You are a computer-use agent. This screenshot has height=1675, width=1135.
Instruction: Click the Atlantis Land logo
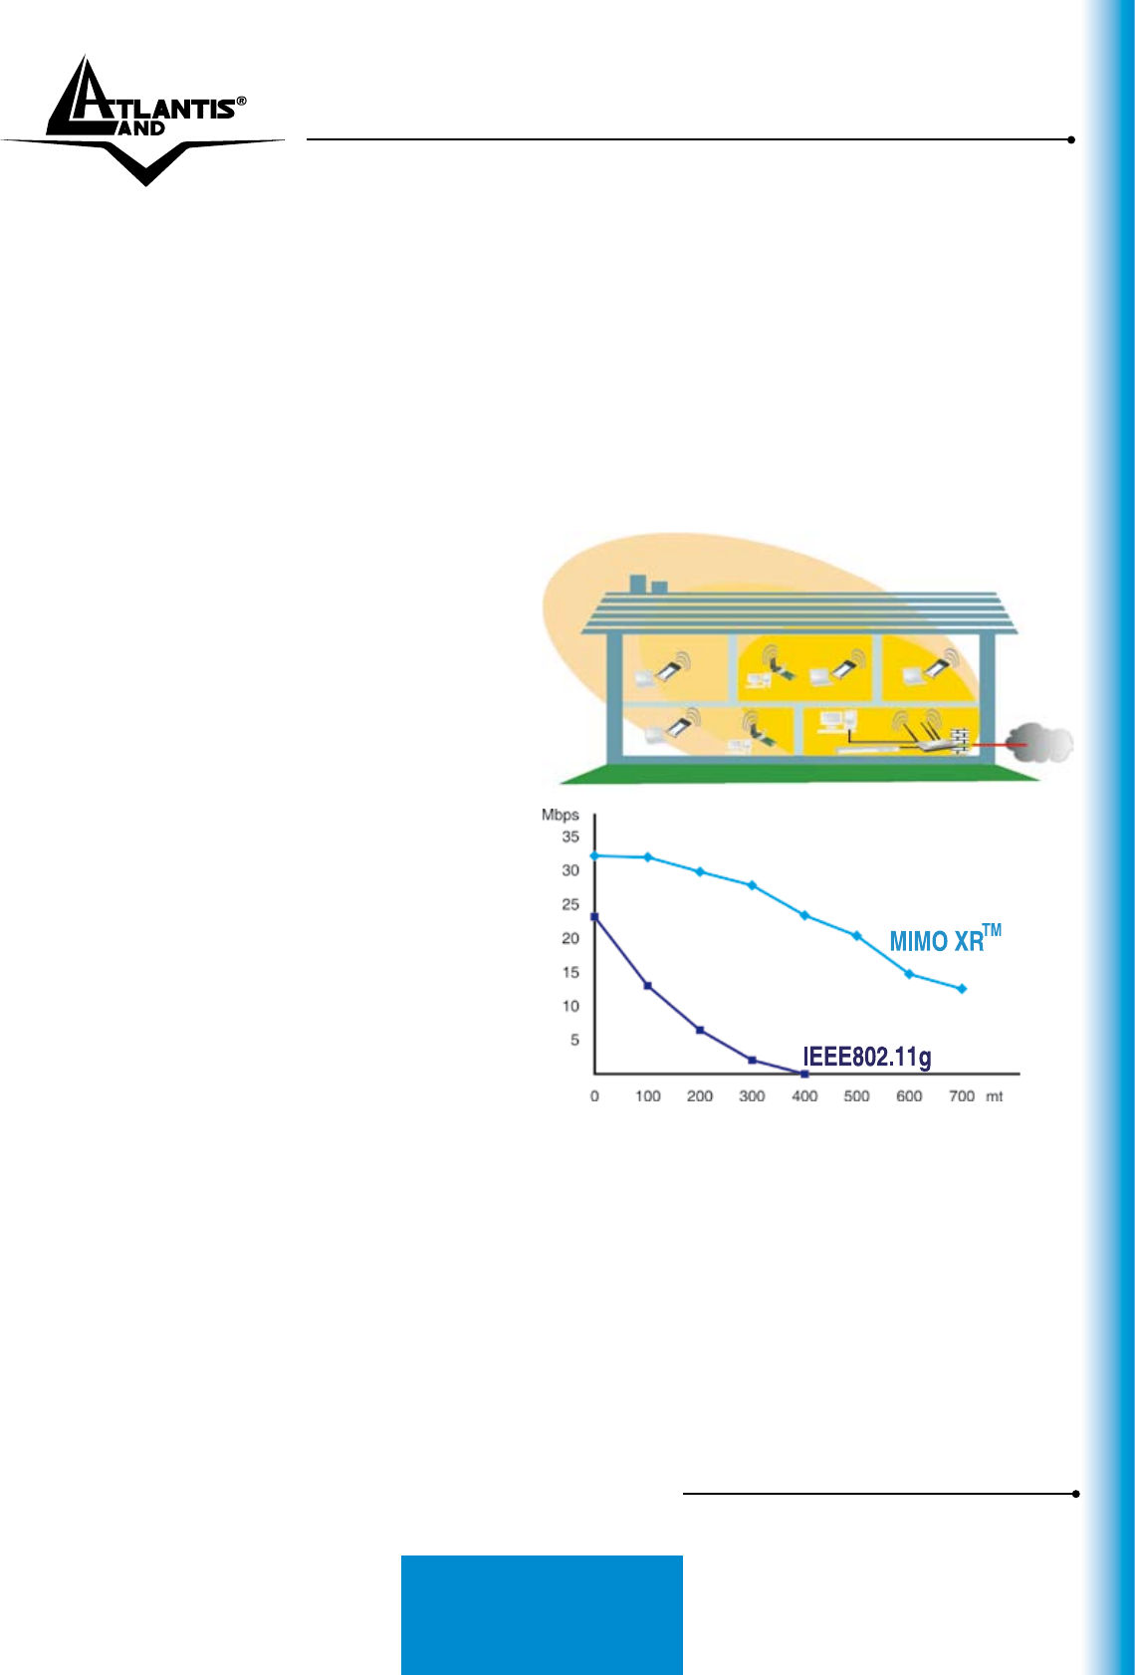coord(142,120)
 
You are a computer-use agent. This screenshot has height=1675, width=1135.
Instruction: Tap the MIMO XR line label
coord(945,938)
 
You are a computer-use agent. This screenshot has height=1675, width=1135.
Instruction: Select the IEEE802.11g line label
coord(867,1058)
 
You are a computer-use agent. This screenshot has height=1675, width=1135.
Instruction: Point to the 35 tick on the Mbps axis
coord(570,837)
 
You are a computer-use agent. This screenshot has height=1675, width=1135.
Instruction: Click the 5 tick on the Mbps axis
coord(575,1040)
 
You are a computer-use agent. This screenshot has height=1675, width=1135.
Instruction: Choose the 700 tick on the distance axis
coord(962,1096)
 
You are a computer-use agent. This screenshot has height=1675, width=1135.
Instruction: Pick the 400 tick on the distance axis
coord(804,1096)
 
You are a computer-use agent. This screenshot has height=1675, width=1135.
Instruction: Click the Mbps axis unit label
coord(560,815)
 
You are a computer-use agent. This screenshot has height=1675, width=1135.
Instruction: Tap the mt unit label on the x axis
coord(995,1096)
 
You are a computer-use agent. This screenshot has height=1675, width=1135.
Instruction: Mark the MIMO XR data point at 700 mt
coord(963,989)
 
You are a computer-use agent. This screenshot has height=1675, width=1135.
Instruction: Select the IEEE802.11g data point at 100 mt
coord(647,986)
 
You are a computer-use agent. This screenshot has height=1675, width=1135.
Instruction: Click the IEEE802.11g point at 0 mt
coord(594,917)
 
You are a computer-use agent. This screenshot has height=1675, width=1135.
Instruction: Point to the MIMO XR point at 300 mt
coord(752,885)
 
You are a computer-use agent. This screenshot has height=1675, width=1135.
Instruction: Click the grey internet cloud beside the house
coord(1040,743)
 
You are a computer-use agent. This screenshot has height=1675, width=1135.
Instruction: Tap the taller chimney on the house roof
coord(638,584)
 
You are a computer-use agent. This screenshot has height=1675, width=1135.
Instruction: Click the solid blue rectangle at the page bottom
coord(542,1614)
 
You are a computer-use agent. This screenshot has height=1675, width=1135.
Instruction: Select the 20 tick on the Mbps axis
coord(570,938)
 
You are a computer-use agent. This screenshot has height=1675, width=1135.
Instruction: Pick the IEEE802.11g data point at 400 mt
coord(804,1074)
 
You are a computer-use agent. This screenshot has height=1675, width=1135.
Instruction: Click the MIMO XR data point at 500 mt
coord(857,935)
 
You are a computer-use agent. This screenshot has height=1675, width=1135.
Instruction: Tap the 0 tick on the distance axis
coord(594,1096)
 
